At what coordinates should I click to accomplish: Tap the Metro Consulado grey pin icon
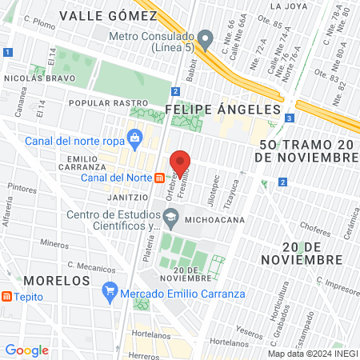[x=206, y=38]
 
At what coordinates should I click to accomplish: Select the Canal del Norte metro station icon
[x=160, y=178]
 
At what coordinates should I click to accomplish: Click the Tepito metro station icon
[x=7, y=297]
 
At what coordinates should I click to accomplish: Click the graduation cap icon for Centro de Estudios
[x=170, y=217]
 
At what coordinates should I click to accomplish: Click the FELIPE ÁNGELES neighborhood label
[x=223, y=109]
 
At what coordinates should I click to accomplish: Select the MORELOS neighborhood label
[x=55, y=281]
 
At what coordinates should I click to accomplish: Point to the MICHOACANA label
[x=209, y=218]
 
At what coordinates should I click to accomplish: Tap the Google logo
[x=26, y=350]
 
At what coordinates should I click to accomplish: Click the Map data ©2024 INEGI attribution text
[x=312, y=354]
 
